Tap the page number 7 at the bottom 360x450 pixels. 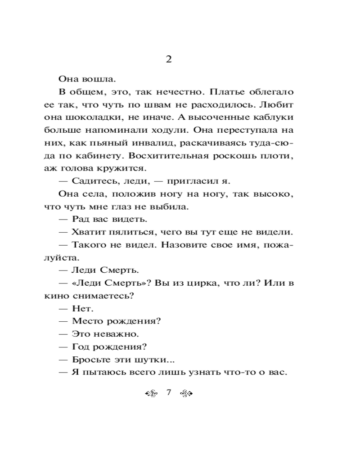[x=169, y=392]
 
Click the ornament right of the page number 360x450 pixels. [x=186, y=393]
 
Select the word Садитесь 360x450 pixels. [x=93, y=182]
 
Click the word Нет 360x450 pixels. [x=81, y=309]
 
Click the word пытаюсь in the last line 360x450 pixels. [x=105, y=373]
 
